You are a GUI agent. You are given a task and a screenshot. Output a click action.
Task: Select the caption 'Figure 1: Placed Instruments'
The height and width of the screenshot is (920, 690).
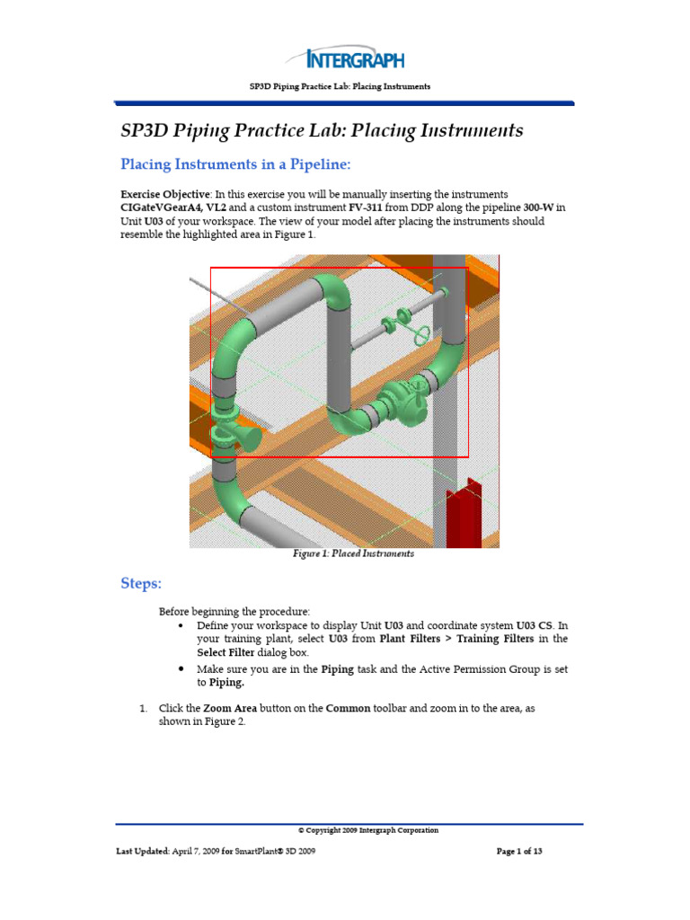point(353,554)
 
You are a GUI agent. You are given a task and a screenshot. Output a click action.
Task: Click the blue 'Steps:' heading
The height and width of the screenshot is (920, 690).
point(141,584)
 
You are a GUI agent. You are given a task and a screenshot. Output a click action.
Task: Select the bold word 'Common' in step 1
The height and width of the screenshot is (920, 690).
point(348,709)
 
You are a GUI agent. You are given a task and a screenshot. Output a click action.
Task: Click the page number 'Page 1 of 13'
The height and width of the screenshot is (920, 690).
point(519,852)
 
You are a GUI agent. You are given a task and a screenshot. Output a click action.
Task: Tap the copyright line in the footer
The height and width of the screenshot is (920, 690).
point(367,830)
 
